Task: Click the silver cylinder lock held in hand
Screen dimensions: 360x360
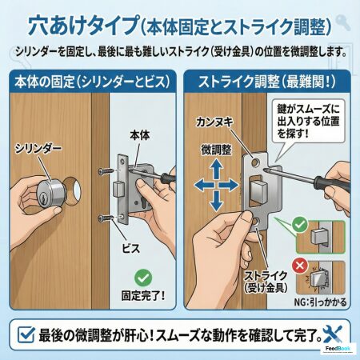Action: (x=51, y=194)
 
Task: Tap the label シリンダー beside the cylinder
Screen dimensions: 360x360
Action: (x=38, y=148)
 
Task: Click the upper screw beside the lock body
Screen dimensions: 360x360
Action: (x=105, y=171)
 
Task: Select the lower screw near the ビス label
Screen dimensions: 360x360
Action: (x=105, y=218)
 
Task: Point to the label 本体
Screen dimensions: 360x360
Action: (x=140, y=135)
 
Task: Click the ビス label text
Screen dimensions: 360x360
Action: (x=131, y=249)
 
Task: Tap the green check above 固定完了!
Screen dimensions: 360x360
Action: (x=143, y=278)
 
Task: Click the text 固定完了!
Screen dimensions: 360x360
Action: (x=143, y=295)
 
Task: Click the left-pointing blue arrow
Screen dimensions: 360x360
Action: (x=204, y=185)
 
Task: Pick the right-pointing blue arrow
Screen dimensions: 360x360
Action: (x=229, y=185)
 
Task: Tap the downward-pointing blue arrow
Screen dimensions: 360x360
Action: (x=216, y=202)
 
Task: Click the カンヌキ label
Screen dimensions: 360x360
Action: (x=214, y=122)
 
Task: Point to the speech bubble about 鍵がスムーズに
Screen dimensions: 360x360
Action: (x=308, y=122)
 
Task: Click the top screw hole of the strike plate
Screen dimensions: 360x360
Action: (x=256, y=162)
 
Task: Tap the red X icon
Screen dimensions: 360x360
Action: (x=300, y=266)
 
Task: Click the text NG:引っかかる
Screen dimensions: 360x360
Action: (x=320, y=302)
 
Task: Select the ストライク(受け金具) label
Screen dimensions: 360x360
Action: (x=266, y=282)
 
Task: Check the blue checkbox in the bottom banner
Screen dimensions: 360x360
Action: (x=26, y=334)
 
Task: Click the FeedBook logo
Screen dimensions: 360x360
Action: (x=338, y=349)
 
